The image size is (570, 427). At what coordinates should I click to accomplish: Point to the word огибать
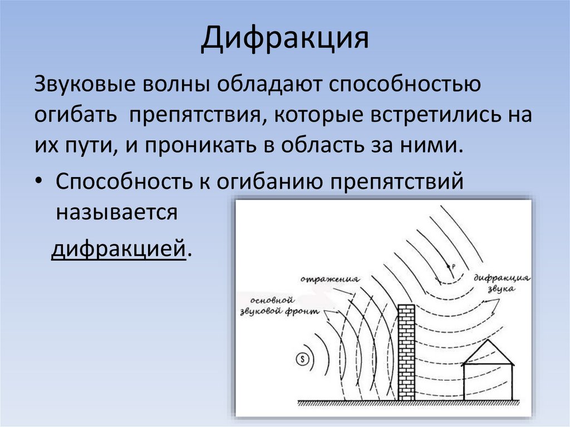(x=74, y=116)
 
